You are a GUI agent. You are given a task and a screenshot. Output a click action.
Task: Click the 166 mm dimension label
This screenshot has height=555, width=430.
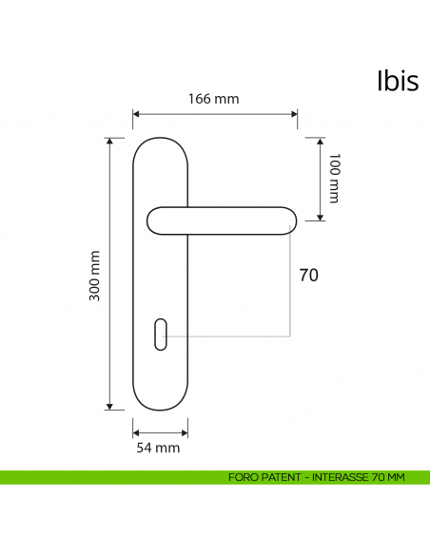(x=213, y=99)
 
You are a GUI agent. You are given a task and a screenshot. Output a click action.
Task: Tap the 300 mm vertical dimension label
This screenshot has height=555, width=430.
(x=94, y=275)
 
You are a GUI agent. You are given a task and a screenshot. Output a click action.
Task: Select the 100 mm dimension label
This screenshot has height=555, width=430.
(x=333, y=179)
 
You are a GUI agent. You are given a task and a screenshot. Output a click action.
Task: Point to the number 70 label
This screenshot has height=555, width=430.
(x=308, y=276)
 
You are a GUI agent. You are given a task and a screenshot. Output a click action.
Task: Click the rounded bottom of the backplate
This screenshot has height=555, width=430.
(x=160, y=405)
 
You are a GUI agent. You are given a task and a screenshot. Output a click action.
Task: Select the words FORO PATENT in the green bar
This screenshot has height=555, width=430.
(x=263, y=477)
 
